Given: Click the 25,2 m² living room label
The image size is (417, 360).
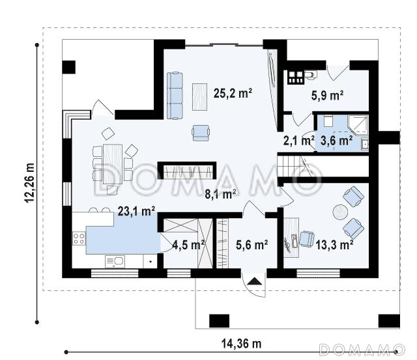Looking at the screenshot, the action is click(x=233, y=93).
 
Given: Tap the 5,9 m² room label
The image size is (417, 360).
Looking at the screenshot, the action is click(x=327, y=96).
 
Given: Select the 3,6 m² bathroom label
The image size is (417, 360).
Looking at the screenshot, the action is click(x=337, y=140).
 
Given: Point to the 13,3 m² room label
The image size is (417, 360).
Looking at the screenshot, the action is click(x=334, y=245).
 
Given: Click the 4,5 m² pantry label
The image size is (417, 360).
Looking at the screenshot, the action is click(x=188, y=245).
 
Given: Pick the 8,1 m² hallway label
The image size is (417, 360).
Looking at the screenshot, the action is click(x=220, y=194).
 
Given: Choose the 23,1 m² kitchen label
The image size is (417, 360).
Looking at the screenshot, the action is click(x=136, y=211).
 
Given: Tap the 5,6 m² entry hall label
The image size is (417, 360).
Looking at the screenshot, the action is click(x=252, y=245).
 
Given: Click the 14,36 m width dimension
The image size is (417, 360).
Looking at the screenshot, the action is click(x=242, y=344).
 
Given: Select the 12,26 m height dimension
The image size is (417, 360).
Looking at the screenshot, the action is click(x=29, y=182).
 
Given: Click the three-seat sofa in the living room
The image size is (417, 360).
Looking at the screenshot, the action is click(x=175, y=96).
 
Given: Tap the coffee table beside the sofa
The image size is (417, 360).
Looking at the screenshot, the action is click(x=200, y=97).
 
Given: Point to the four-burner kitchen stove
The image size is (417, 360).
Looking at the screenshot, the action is click(x=79, y=238).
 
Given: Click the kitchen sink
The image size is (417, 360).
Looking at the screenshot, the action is click(x=115, y=262).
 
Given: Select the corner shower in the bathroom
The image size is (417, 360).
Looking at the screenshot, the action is click(x=358, y=124).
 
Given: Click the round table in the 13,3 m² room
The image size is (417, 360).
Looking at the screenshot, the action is click(x=340, y=212).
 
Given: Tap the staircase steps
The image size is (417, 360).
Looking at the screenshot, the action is click(x=289, y=166).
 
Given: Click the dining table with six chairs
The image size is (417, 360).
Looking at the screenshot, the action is click(x=113, y=164).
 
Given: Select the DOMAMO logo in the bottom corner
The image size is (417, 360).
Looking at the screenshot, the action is click(x=362, y=350).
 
